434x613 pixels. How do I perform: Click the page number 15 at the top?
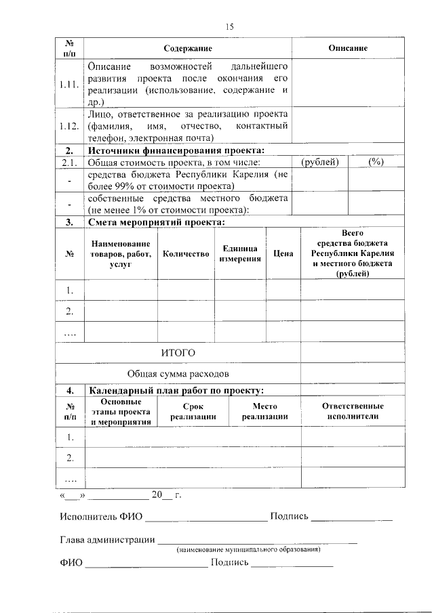(x=229, y=26)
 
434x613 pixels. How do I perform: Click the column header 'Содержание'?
(x=188, y=49)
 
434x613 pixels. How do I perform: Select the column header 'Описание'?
(x=348, y=49)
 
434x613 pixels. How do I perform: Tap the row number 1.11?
(x=69, y=85)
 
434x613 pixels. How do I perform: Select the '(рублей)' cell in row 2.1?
(x=320, y=162)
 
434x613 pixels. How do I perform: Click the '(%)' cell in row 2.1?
(x=376, y=162)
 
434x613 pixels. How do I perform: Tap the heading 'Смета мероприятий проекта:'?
(x=157, y=221)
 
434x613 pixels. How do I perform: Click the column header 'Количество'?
(x=186, y=254)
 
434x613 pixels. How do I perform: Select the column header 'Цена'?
(x=283, y=254)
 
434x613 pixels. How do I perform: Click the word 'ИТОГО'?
(x=178, y=353)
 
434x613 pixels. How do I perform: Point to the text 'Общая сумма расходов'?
(x=178, y=374)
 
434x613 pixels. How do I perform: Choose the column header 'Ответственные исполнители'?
(x=353, y=411)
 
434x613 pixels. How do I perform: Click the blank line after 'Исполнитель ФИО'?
(x=206, y=520)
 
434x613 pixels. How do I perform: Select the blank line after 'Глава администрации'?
(x=257, y=542)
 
